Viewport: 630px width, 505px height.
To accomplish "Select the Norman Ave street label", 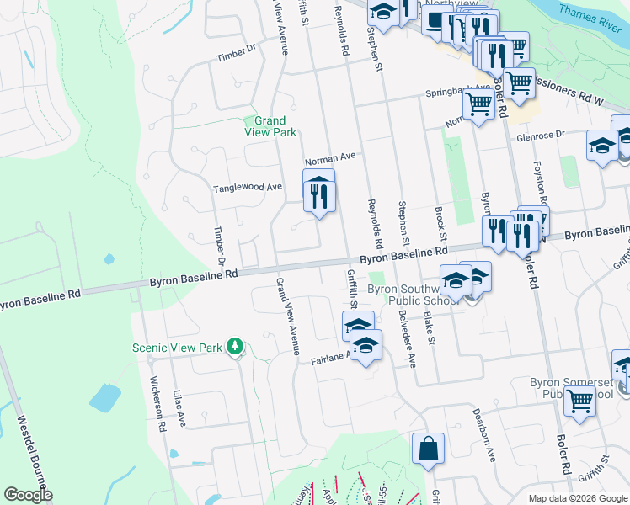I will point(331,158).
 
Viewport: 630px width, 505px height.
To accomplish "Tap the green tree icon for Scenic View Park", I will point(236,347).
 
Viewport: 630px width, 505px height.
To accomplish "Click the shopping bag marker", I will point(428,449).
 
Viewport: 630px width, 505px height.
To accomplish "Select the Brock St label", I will point(439,221).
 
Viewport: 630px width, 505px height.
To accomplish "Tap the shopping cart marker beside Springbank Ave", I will point(478,105).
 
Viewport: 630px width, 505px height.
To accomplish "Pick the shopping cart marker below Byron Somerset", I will point(579,401).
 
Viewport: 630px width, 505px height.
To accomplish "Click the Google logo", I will point(28,495).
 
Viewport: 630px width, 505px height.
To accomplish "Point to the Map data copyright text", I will point(576,498).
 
